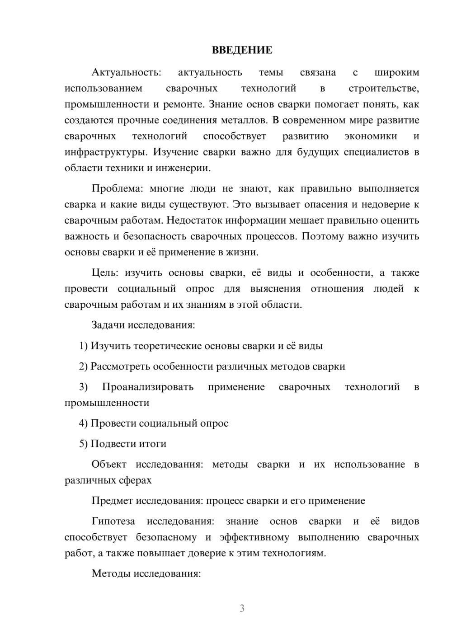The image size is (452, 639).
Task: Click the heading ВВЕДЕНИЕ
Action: pos(242,50)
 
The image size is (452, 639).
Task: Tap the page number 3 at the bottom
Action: pos(242,608)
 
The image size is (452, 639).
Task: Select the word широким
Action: pos(397,73)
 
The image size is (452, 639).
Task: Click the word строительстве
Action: pos(384,89)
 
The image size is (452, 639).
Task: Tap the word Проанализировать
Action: pos(148,387)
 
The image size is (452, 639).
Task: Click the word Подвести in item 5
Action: pos(111,444)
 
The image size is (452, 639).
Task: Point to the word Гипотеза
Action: pos(113,522)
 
